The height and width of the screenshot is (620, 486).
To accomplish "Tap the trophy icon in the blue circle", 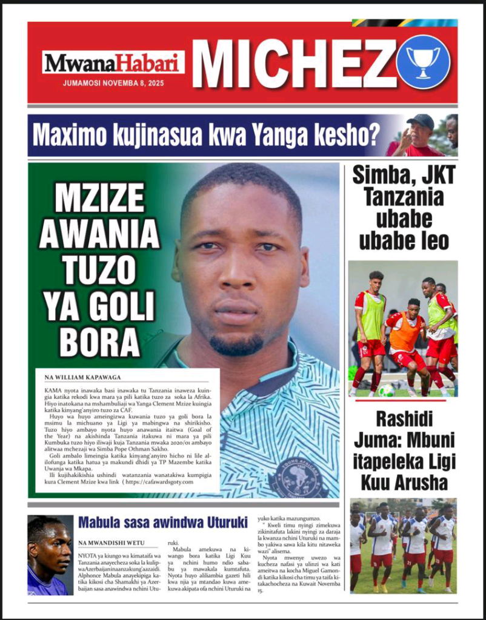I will tap(423, 62).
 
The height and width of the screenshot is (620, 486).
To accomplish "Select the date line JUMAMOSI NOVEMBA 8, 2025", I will tap(113, 84).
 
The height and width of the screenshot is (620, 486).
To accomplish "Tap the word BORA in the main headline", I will tap(101, 343).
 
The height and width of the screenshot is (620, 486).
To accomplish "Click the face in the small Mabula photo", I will tap(53, 548).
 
